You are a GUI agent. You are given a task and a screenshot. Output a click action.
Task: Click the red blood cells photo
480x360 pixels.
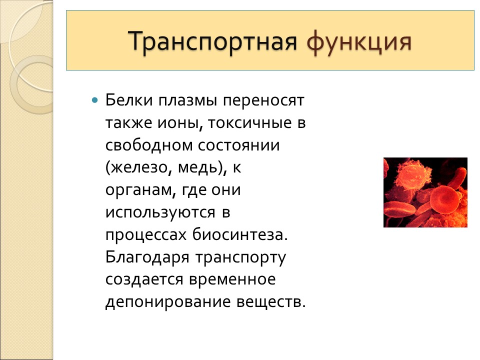click(x=425, y=192)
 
